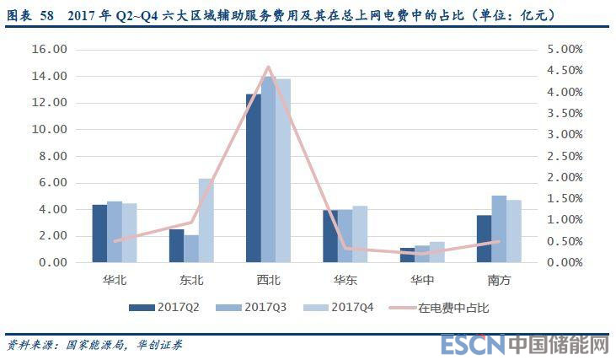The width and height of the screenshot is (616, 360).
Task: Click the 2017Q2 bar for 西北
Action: click(254, 178)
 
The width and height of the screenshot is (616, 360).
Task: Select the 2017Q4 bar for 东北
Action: click(206, 220)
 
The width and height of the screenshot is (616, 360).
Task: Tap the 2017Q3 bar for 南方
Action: click(499, 228)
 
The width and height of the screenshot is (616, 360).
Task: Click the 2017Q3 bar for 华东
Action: click(345, 236)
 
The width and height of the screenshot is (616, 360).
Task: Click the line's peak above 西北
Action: click(268, 67)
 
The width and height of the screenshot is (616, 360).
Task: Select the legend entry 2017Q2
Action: click(169, 308)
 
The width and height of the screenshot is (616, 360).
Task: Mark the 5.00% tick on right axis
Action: click(561, 50)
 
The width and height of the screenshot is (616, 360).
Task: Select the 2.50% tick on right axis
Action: click(561, 156)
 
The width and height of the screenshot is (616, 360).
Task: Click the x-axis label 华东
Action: click(345, 277)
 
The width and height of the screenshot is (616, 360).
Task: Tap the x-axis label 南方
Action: click(499, 277)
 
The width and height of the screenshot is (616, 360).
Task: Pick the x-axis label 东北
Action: click(191, 277)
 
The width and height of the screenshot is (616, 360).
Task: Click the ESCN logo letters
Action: click(473, 345)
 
